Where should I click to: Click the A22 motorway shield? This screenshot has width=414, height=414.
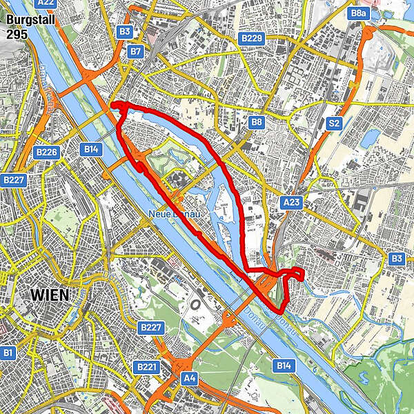(x=46, y=3)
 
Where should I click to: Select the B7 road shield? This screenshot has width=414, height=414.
(x=136, y=51)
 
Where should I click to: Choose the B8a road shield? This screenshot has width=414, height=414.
(x=359, y=13)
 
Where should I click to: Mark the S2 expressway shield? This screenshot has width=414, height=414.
(x=335, y=122)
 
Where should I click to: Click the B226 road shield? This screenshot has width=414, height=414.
(x=47, y=152)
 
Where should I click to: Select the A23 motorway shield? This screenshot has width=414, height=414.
(x=291, y=201)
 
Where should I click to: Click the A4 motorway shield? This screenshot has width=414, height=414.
(x=189, y=377)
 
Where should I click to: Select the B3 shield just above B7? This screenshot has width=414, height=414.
(x=125, y=31)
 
